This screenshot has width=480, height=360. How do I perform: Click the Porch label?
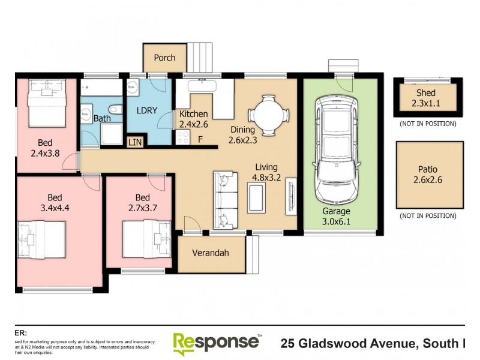click(164, 58)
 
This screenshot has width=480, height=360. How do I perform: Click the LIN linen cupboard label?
click(135, 142)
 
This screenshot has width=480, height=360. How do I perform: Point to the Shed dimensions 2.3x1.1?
click(425, 103)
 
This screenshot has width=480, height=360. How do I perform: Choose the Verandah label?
click(211, 253)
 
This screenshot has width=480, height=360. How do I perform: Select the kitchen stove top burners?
click(182, 138)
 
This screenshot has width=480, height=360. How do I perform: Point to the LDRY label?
click(147, 112)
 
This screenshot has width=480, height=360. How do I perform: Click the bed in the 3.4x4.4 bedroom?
click(41, 240)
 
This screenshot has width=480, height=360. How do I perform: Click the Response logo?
click(216, 343)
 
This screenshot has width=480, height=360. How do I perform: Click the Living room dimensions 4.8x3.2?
click(268, 178)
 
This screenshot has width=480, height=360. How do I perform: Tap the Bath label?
click(102, 118)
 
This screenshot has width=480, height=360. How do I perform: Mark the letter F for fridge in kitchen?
click(200, 139)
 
